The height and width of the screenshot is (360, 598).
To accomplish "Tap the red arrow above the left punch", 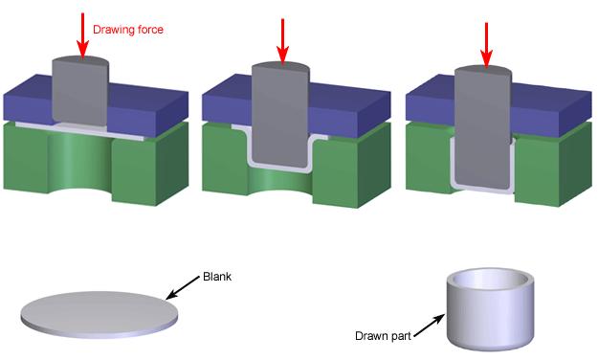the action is (x=82, y=34).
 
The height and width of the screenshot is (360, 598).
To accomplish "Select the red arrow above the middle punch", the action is (x=282, y=36).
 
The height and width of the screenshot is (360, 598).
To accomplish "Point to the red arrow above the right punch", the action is (x=487, y=40).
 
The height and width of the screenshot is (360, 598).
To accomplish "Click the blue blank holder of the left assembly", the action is (x=144, y=101).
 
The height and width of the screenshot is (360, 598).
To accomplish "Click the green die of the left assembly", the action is (x=144, y=163).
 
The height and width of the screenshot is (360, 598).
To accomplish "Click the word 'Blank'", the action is (x=217, y=278).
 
